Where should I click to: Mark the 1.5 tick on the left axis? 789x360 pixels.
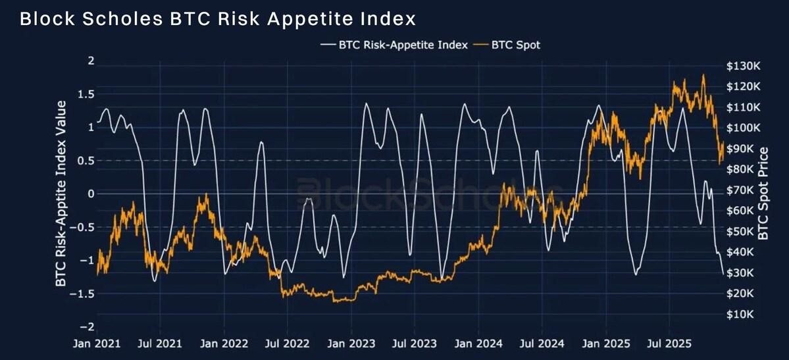tap(86, 94)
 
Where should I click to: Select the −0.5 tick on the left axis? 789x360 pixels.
tap(83, 227)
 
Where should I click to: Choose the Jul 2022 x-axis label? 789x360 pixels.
tap(286, 344)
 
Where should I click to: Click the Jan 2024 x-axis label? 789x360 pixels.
tap(478, 344)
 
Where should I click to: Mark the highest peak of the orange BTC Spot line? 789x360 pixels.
tap(703, 75)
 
